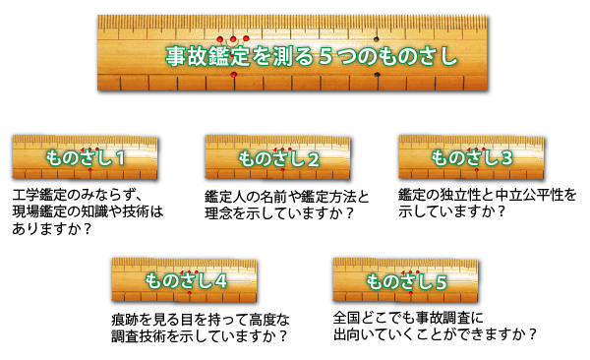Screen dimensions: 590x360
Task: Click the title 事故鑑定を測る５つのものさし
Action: click(311, 57)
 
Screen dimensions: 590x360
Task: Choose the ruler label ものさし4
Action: click(186, 280)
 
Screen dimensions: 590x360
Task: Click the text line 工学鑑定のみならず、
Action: click(78, 193)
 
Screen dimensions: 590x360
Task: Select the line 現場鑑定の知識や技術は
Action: click(85, 210)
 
